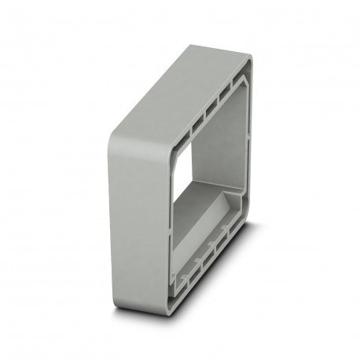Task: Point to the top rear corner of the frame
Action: [247, 57]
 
